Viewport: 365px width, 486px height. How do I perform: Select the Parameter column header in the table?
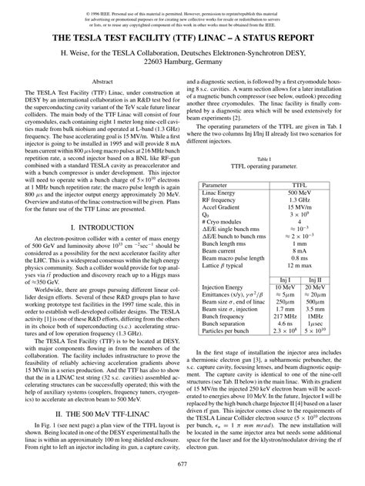point(216,186)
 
